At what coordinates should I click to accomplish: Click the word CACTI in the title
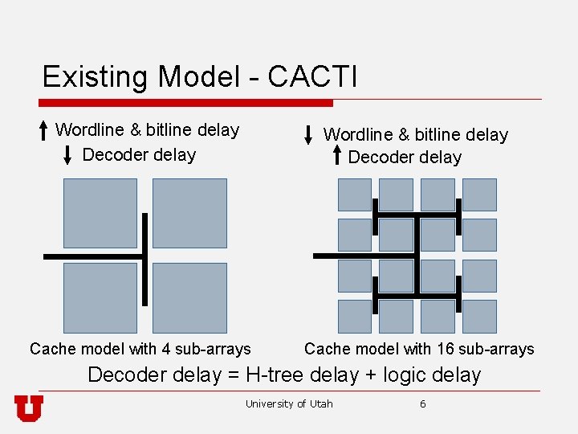coord(312,77)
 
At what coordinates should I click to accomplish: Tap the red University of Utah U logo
coord(29,408)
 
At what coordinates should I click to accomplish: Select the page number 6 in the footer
coord(423,403)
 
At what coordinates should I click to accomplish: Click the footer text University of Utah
coord(289,403)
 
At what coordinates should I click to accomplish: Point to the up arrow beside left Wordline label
coord(43,131)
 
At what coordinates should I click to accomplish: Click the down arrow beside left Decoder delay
coord(68,155)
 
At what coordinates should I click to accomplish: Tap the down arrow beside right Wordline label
coord(309,135)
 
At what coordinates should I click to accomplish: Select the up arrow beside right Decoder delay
coord(337,156)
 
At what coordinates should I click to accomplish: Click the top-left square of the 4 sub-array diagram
coord(100,213)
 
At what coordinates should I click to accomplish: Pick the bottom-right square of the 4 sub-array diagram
coord(189,297)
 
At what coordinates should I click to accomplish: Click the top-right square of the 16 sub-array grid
coord(479,195)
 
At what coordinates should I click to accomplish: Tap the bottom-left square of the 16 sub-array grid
coord(354,316)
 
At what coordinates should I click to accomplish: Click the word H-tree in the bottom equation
coord(278,375)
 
